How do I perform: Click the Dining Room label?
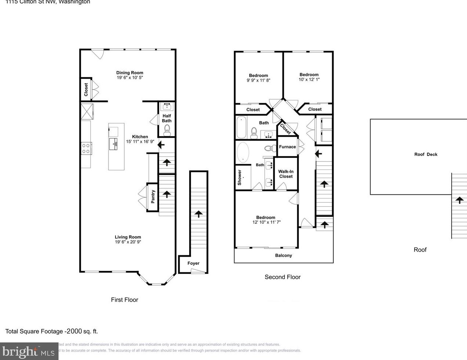[130, 73]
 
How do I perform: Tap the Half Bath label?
[167, 118]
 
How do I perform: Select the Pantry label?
[153, 197]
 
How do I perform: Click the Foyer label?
[193, 263]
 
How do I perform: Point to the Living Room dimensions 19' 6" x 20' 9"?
[128, 242]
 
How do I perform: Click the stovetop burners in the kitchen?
[86, 148]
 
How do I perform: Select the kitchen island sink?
[113, 144]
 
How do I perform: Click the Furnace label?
[287, 147]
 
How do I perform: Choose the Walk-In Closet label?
[286, 174]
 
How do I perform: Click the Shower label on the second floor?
[240, 177]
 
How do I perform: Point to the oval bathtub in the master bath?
[243, 152]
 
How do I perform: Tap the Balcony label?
[283, 256]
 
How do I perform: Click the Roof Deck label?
[426, 155]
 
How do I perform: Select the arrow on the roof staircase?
[459, 200]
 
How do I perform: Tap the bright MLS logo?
[29, 352]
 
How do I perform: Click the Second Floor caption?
[282, 277]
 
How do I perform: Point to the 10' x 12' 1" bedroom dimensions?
[309, 79]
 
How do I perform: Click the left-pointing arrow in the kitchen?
[161, 145]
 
